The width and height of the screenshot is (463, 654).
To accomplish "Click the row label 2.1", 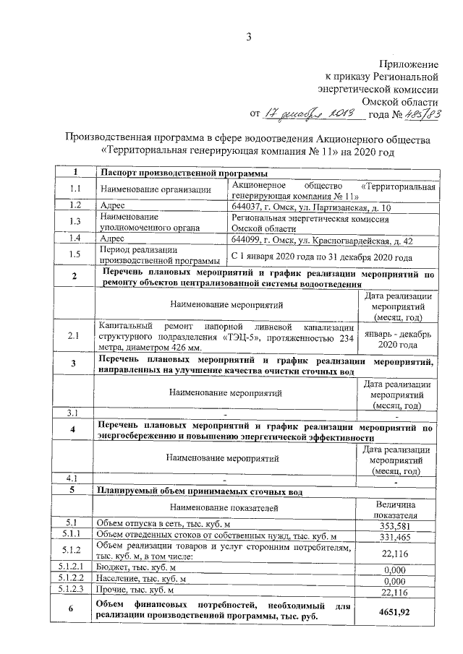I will [75, 335].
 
